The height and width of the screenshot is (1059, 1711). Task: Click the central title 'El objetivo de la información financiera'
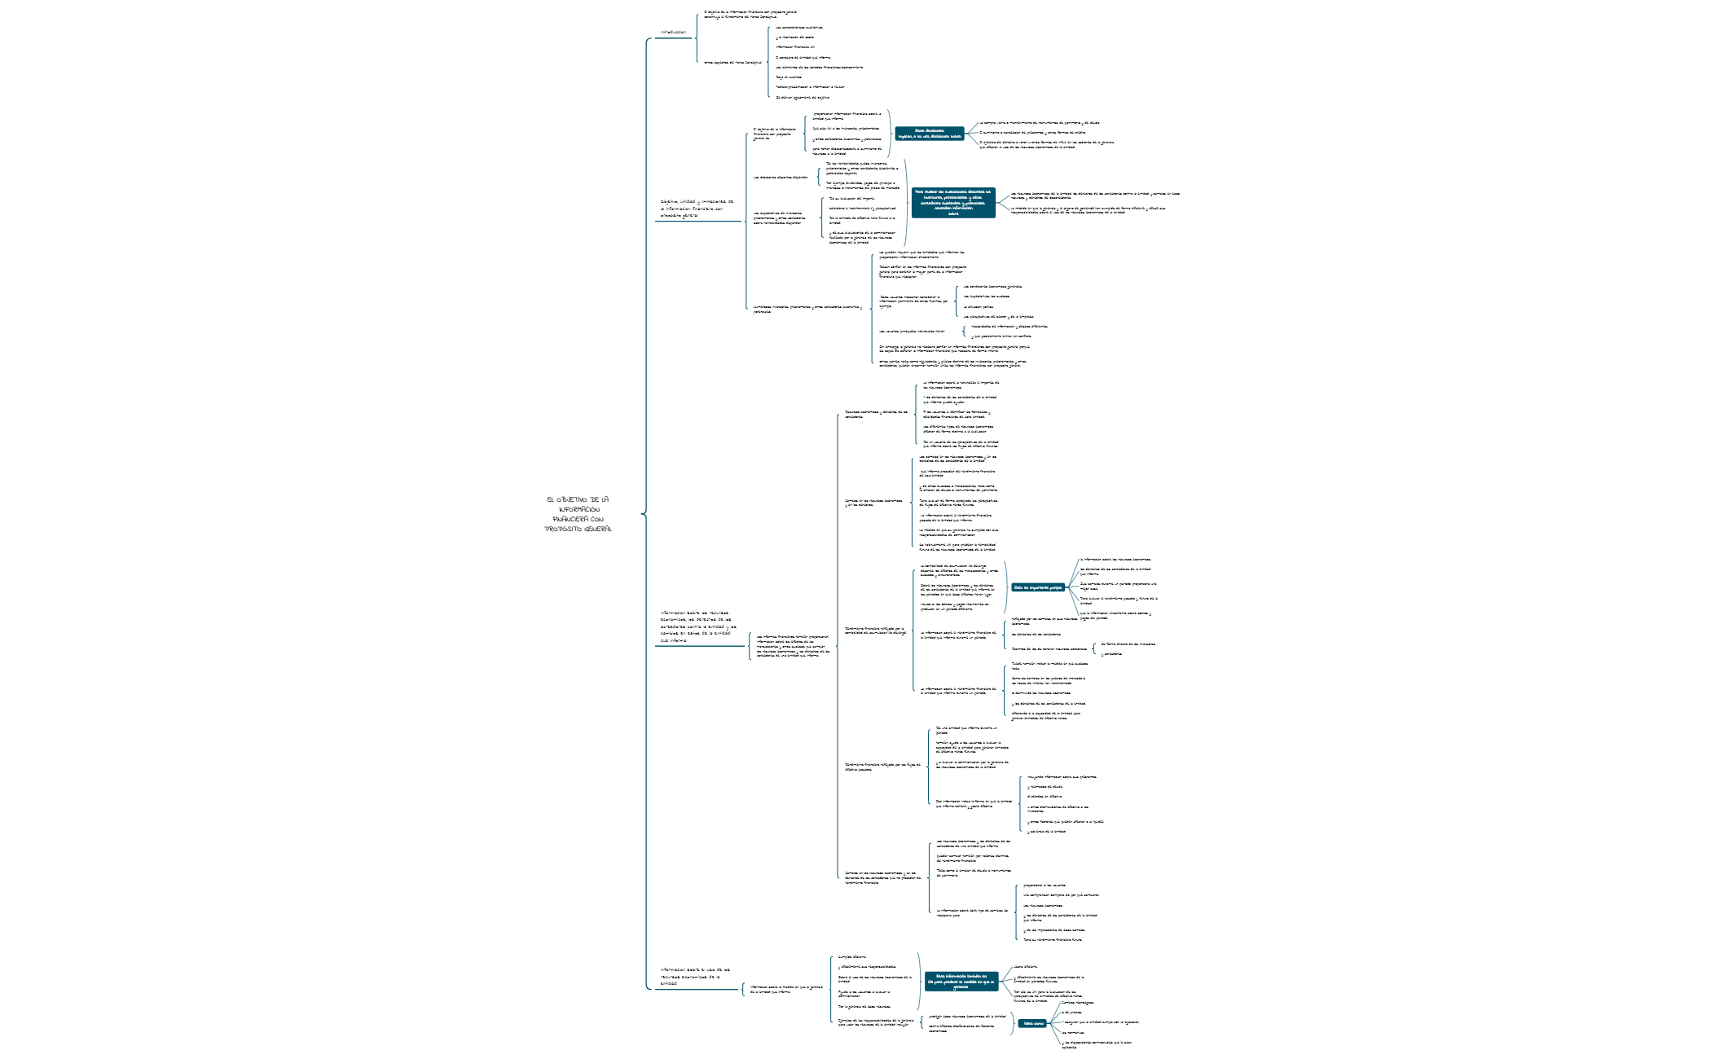pyautogui.click(x=578, y=514)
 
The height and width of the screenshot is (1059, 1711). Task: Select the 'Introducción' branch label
pyautogui.click(x=673, y=33)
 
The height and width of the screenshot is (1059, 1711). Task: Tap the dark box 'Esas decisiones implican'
pyautogui.click(x=929, y=134)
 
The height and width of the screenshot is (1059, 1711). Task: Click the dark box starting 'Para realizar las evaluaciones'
pyautogui.click(x=953, y=202)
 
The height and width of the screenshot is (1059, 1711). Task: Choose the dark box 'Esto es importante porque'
pyautogui.click(x=1038, y=587)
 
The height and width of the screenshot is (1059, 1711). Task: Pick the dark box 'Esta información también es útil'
pyautogui.click(x=961, y=981)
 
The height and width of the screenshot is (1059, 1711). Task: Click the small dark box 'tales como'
pyautogui.click(x=1032, y=1023)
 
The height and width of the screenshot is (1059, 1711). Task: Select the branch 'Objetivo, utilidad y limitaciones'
pyautogui.click(x=697, y=209)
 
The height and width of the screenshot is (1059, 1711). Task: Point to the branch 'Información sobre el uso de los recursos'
pyautogui.click(x=696, y=976)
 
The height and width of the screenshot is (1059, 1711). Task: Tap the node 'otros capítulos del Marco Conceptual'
pyautogui.click(x=732, y=62)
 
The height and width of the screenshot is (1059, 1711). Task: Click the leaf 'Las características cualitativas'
pyautogui.click(x=798, y=27)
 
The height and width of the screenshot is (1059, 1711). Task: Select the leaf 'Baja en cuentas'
pyautogui.click(x=788, y=77)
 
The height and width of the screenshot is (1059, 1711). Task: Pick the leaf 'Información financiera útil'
pyautogui.click(x=794, y=47)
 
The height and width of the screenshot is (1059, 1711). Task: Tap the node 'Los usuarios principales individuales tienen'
pyautogui.click(x=912, y=332)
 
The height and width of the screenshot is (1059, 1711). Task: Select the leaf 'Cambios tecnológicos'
pyautogui.click(x=1077, y=1003)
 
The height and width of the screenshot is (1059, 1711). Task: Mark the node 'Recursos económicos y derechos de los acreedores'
pyautogui.click(x=876, y=414)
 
